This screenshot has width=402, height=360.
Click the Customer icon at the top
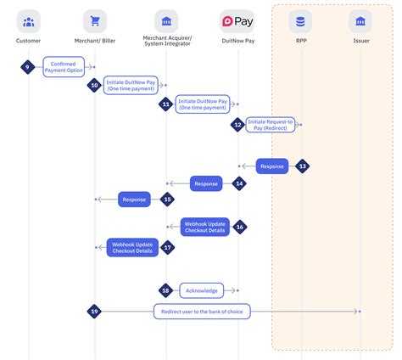29,20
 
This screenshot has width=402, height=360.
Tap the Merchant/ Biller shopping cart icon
95,20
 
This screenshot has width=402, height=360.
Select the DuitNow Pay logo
237,20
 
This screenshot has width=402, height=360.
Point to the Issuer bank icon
361,20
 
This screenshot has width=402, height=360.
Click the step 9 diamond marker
28,65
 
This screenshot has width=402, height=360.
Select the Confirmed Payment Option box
64,65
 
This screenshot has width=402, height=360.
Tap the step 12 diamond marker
238,125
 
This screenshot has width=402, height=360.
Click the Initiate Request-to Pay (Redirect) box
271,125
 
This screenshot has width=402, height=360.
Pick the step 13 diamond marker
302,166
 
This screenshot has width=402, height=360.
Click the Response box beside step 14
206,183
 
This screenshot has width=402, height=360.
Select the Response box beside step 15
134,200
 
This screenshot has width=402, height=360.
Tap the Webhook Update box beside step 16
204,227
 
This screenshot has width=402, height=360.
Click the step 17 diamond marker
167,247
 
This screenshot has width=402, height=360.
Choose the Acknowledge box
202,290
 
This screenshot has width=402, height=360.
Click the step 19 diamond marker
95,312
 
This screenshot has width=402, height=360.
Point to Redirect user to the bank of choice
202,312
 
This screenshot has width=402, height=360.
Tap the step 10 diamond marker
95,85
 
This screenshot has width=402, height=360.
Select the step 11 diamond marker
166,104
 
